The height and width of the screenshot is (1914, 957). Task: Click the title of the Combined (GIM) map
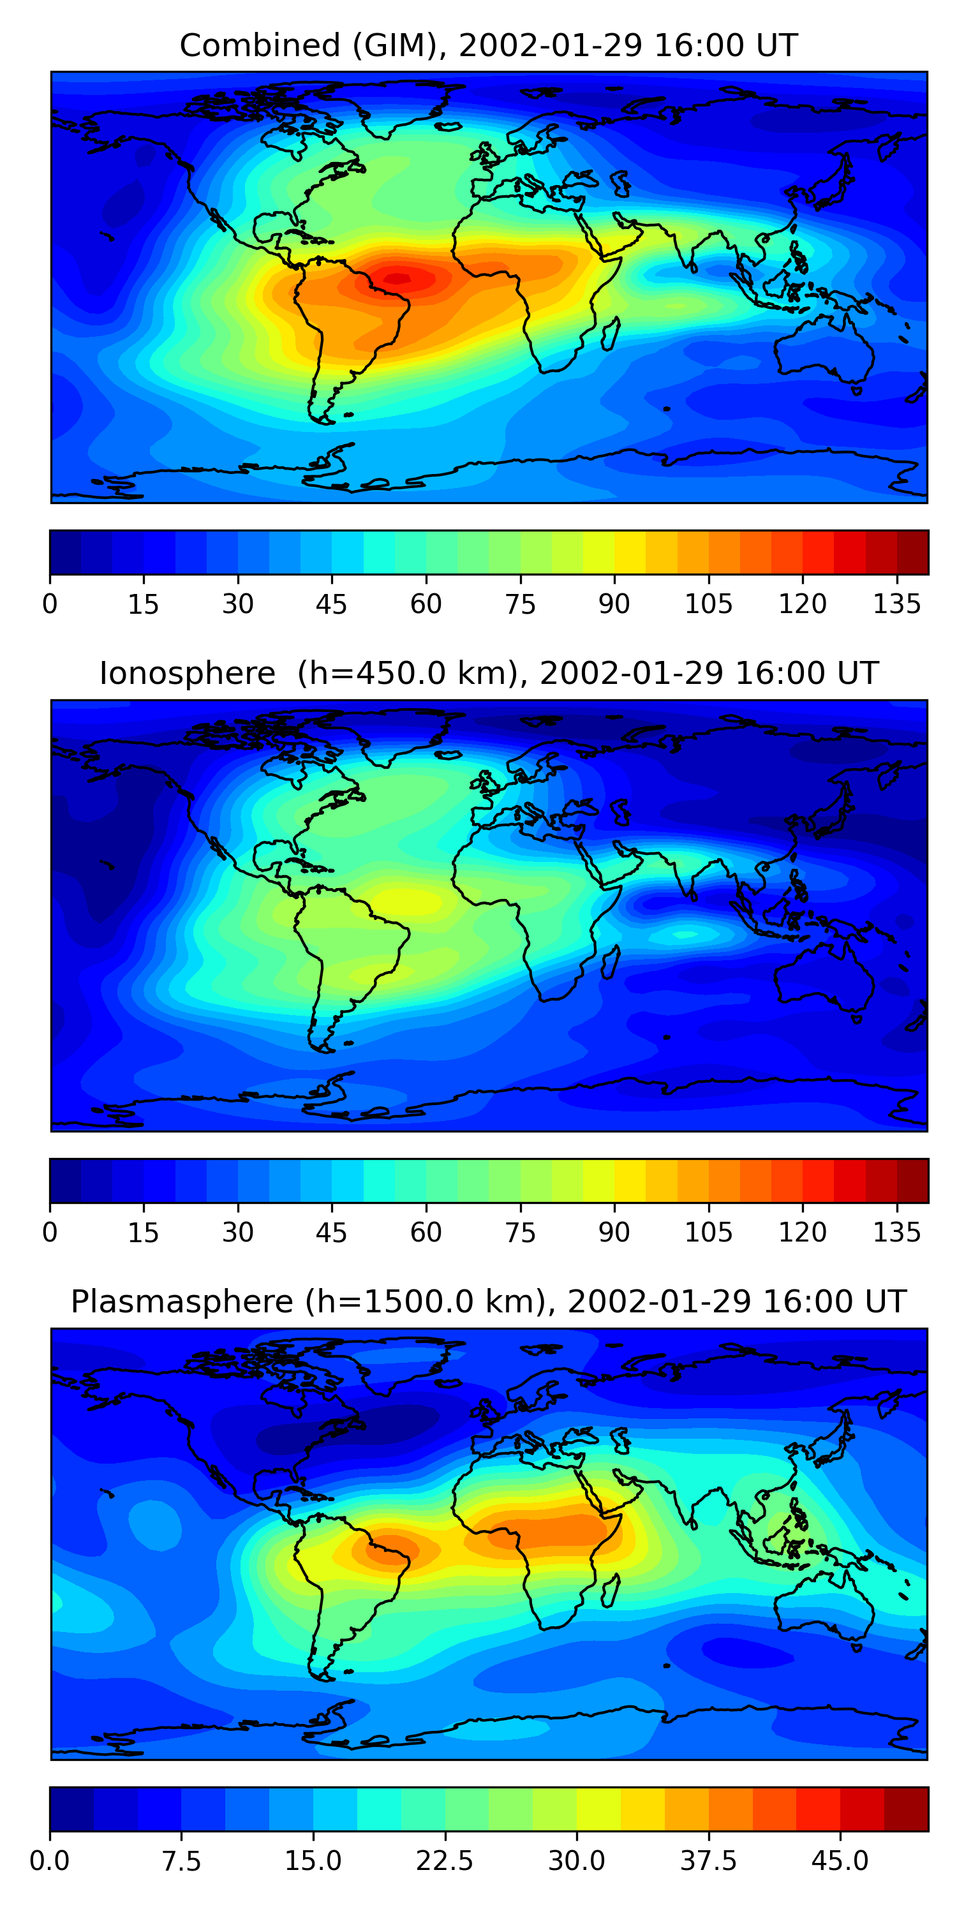[488, 45]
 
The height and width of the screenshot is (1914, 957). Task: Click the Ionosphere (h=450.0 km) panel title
[488, 673]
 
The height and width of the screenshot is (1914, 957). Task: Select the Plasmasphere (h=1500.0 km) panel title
[488, 1302]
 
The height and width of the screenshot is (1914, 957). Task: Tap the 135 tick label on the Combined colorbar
[897, 604]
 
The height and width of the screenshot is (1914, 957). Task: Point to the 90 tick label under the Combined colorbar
[614, 604]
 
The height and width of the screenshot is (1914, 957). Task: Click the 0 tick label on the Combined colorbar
[50, 604]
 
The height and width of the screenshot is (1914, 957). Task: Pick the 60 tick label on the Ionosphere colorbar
[426, 1232]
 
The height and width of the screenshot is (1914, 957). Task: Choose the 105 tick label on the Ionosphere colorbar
[708, 1232]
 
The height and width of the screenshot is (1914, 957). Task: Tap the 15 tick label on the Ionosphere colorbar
[144, 1232]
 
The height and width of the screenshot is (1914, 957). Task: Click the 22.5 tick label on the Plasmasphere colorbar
[444, 1860]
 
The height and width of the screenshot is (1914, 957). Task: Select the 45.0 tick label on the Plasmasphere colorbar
[840, 1860]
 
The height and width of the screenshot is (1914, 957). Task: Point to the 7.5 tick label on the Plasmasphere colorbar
[181, 1860]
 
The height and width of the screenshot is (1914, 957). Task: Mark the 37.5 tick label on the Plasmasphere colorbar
[708, 1860]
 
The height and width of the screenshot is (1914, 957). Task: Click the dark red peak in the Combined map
[398, 279]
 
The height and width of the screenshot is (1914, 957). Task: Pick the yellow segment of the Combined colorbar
[630, 552]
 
